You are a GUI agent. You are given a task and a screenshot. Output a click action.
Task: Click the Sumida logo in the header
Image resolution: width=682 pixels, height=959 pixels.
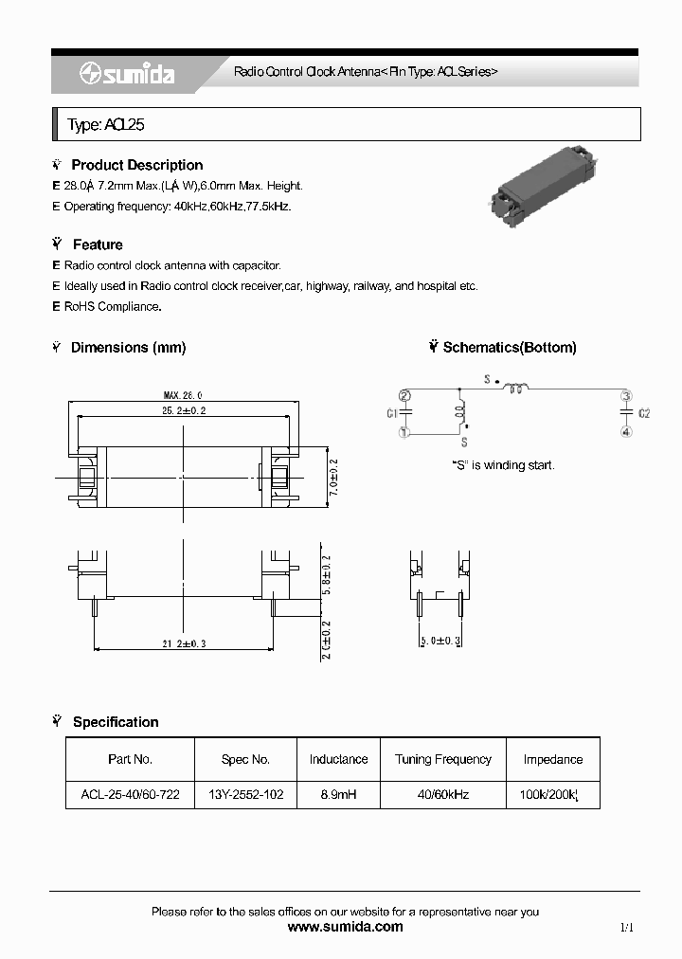(x=128, y=73)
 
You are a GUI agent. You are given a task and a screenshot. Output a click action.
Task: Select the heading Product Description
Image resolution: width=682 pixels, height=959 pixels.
(x=136, y=165)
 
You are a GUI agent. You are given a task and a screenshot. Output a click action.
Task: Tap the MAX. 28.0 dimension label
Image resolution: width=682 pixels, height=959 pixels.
(x=182, y=395)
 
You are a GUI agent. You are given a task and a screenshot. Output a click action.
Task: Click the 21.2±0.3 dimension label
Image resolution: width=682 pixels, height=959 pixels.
(x=184, y=643)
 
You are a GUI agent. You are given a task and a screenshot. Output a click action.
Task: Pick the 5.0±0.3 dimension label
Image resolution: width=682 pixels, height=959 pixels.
(x=440, y=642)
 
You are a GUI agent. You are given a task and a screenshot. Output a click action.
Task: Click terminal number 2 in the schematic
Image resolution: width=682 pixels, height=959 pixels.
(x=404, y=396)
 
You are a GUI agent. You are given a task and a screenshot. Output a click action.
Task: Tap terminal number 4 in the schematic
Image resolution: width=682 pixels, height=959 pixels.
(x=625, y=432)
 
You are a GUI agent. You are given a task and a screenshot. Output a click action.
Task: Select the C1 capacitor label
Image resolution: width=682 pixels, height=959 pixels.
(x=391, y=413)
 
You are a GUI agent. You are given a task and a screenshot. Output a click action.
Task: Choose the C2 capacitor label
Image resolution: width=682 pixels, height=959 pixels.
(x=644, y=413)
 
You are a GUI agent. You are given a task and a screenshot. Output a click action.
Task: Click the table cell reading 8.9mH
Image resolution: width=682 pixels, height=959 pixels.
(x=338, y=794)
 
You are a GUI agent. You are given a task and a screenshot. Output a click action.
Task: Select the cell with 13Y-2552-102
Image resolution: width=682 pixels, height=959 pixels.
(x=245, y=794)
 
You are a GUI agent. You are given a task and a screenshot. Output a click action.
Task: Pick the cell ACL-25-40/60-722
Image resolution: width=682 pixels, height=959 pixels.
(x=130, y=794)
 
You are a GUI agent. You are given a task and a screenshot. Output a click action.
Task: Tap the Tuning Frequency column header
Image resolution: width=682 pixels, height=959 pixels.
(x=443, y=759)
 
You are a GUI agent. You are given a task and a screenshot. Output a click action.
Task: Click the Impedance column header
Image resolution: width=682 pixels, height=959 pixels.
(x=552, y=759)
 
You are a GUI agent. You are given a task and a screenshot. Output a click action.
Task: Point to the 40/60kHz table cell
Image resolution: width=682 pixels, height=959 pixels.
(x=443, y=794)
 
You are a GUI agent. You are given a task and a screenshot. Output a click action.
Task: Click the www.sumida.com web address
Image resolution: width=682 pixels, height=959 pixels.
(x=345, y=927)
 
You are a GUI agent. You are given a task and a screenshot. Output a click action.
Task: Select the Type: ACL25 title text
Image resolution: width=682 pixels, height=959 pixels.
(x=105, y=125)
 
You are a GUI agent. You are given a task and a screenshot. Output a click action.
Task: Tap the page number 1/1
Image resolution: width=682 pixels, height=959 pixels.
(x=626, y=928)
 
